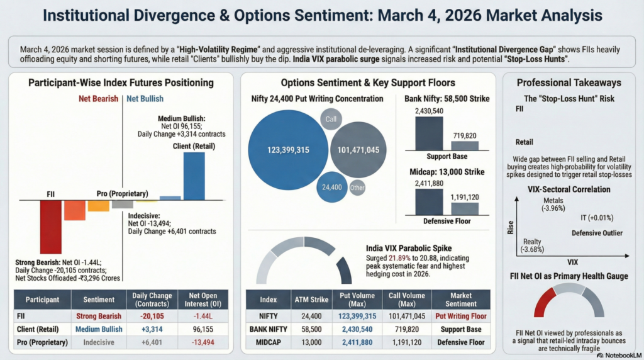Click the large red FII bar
coord(51,227)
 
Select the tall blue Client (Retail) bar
coord(194,176)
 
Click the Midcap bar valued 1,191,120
coord(464,208)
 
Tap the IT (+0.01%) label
coord(597,218)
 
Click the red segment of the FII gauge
coord(544,301)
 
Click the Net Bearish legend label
coord(98,99)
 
